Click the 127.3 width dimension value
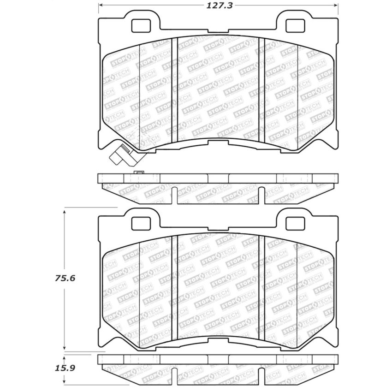pyautogui.click(x=219, y=6)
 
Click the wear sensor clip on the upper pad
pyautogui.click(x=120, y=154)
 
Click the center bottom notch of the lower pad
pyautogui.click(x=219, y=340)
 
